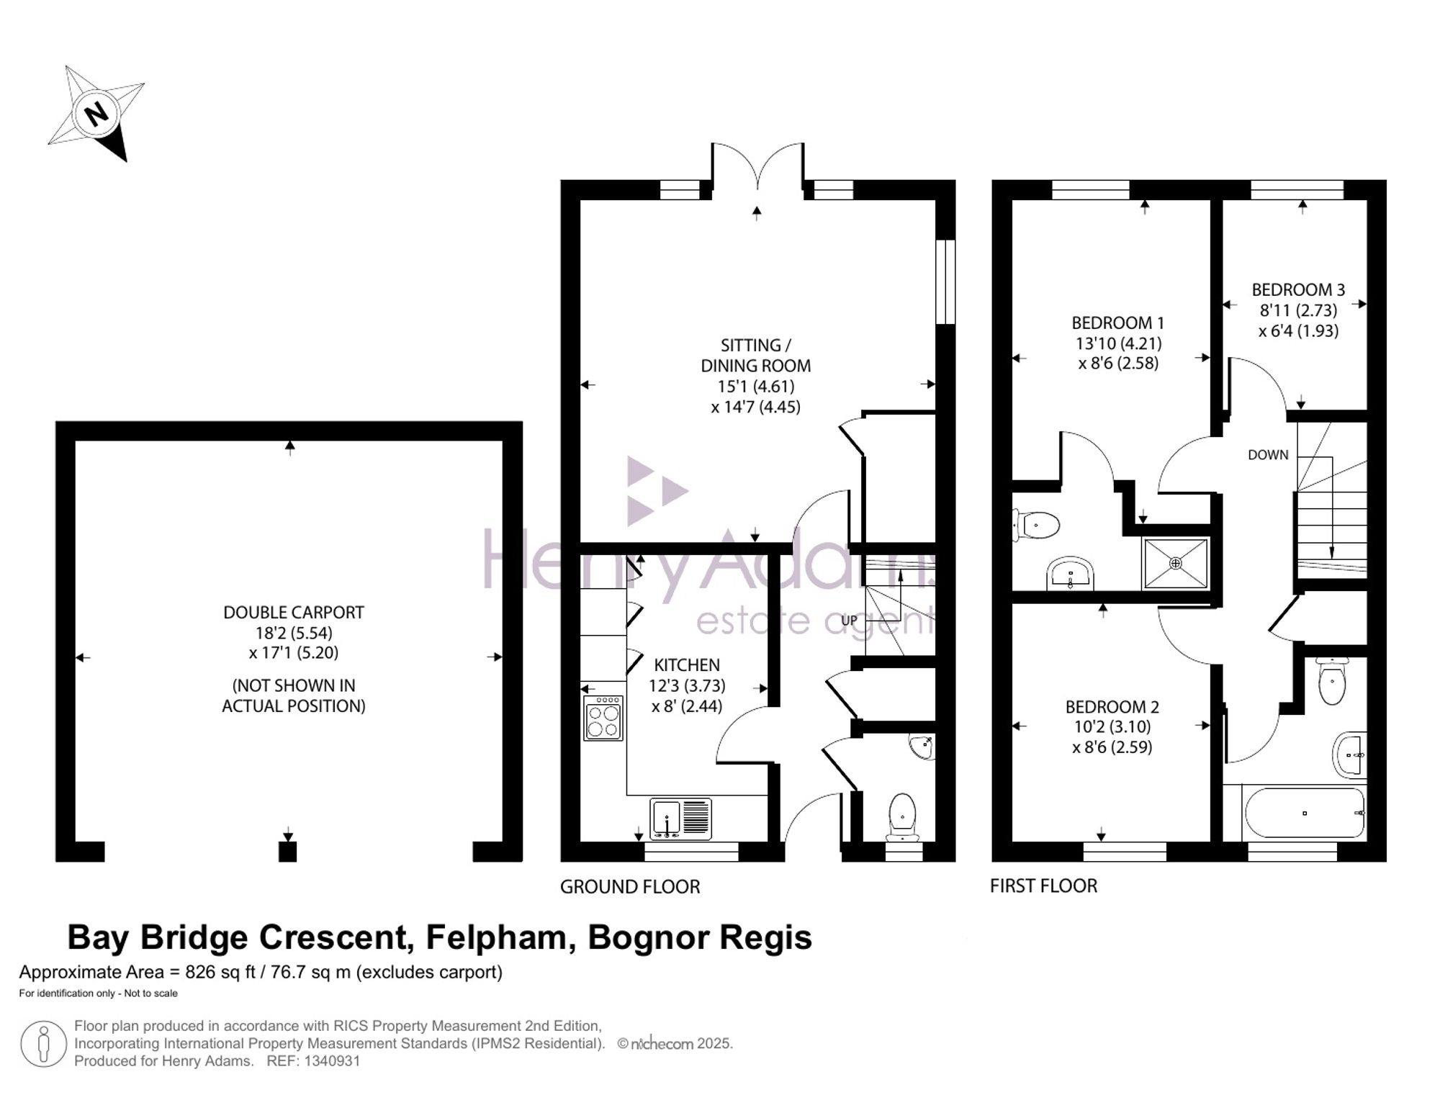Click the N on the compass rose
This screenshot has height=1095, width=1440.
(96, 114)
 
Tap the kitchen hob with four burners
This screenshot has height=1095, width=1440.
(603, 717)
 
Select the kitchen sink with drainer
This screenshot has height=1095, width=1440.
(680, 819)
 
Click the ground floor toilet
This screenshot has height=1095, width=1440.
(902, 817)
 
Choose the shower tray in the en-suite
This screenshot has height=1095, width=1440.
(1176, 564)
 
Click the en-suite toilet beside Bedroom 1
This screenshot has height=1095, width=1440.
(1036, 526)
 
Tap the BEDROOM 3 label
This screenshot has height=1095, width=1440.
(1298, 290)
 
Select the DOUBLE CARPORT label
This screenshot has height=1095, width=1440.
(294, 613)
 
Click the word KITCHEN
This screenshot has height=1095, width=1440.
(687, 665)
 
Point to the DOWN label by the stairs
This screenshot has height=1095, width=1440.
(1268, 455)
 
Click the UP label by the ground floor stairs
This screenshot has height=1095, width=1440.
(850, 620)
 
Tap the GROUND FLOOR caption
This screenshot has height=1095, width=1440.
(630, 887)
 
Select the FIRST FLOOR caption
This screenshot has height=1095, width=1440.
(1043, 886)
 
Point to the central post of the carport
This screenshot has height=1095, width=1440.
(287, 852)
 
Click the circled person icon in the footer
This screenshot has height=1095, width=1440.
(44, 1045)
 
